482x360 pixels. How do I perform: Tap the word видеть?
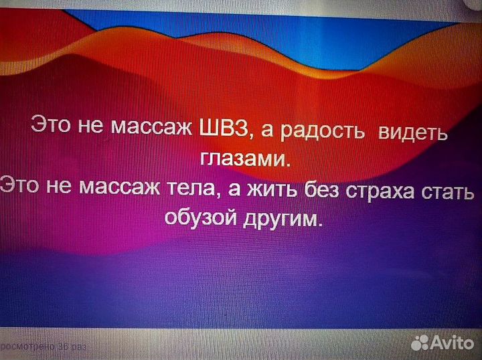(412, 130)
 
